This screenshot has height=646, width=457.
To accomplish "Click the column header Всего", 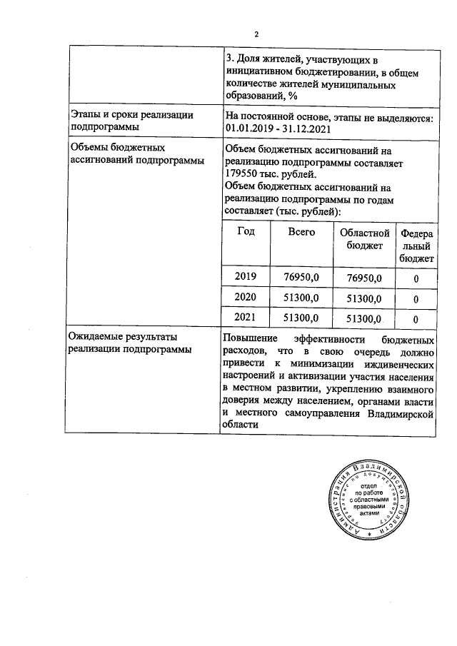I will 301,232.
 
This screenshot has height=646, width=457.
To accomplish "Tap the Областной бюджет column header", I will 364,239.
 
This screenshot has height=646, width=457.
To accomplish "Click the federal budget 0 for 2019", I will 416,278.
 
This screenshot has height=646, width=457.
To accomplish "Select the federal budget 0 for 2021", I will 416,319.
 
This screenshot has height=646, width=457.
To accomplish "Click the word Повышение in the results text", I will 249,337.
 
